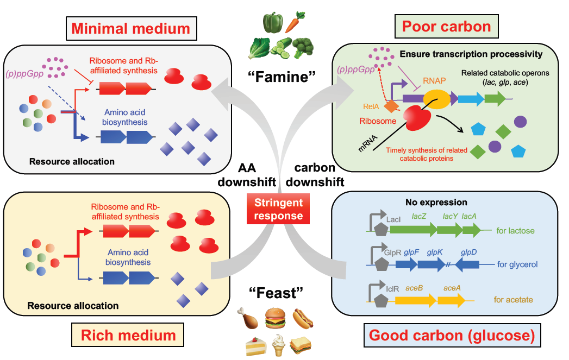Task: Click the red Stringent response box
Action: tap(280, 209)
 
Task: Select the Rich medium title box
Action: tap(128, 334)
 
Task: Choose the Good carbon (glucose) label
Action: tap(452, 336)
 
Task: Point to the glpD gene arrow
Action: tap(467, 264)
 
